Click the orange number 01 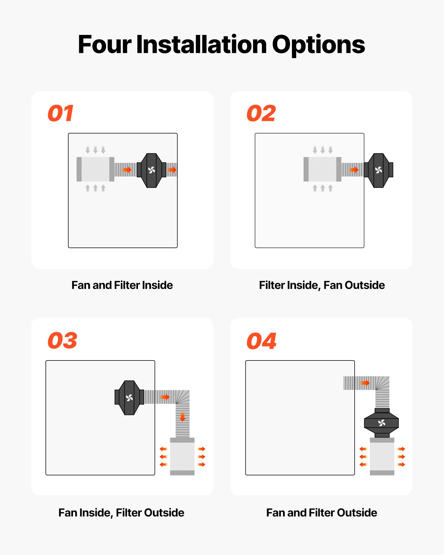pyautogui.click(x=60, y=113)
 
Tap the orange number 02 pyautogui.click(x=261, y=113)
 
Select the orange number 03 pyautogui.click(x=62, y=340)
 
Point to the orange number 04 pyautogui.click(x=261, y=341)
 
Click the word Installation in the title pyautogui.click(x=201, y=45)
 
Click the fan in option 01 pyautogui.click(x=152, y=170)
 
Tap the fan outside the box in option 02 pyautogui.click(x=379, y=170)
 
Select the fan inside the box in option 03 pyautogui.click(x=129, y=398)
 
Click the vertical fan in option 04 pyautogui.click(x=382, y=423)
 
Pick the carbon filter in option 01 pyautogui.click(x=95, y=169)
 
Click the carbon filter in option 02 pyautogui.click(x=322, y=169)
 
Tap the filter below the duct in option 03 pyautogui.click(x=182, y=456)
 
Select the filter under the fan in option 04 pyautogui.click(x=382, y=456)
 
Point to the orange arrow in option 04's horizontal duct pyautogui.click(x=365, y=383)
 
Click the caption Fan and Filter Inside pyautogui.click(x=122, y=285)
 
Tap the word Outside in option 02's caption pyautogui.click(x=365, y=285)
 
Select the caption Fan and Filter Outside pyautogui.click(x=322, y=513)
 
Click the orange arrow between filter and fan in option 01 pyautogui.click(x=127, y=170)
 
